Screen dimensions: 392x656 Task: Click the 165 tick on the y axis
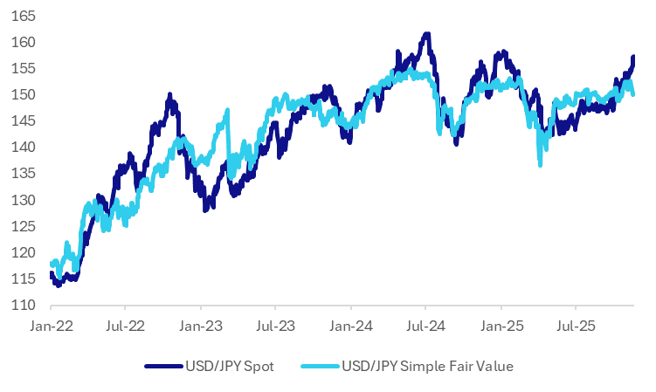24,16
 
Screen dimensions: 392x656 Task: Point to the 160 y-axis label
24,42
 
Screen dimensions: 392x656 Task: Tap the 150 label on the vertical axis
24,94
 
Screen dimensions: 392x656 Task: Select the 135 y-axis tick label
24,174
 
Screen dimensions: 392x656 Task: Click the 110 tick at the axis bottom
24,306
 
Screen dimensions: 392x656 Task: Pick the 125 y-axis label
24,226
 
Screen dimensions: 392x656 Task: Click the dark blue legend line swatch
165,366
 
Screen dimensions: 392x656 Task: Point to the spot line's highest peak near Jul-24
426,35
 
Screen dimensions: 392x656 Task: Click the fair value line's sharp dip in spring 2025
541,163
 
